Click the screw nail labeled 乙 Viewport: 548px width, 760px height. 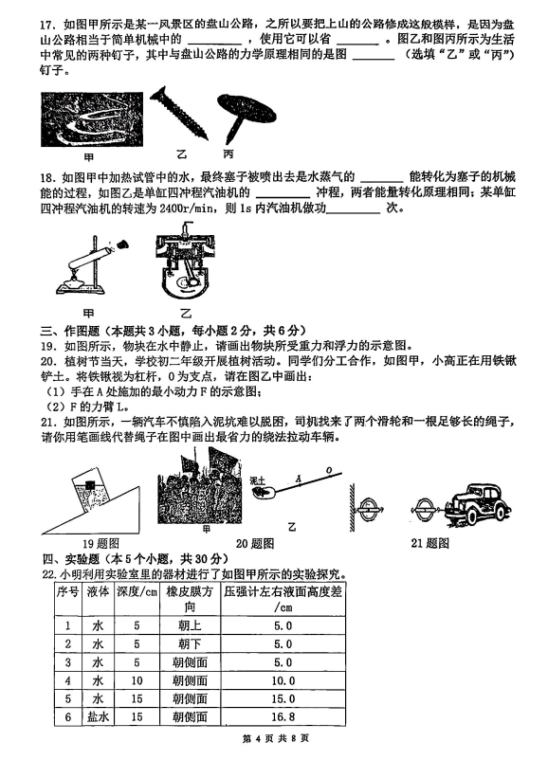click(179, 113)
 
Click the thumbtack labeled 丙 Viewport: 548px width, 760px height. click(245, 117)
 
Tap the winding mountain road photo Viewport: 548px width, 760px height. click(92, 119)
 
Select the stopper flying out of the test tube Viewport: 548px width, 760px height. click(122, 244)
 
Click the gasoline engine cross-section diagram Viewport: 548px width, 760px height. click(185, 262)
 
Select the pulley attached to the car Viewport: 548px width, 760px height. click(426, 510)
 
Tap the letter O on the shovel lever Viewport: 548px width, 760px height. click(329, 470)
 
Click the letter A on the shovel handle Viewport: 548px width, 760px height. click(299, 480)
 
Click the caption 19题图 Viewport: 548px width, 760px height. click(100, 544)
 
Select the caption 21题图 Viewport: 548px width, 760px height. click(429, 543)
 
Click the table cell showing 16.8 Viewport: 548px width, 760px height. click(283, 716)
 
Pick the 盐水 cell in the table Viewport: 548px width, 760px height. click(98, 716)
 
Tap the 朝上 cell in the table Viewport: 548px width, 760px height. click(190, 625)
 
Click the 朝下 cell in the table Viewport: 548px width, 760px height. click(190, 644)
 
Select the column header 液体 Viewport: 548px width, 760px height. click(98, 592)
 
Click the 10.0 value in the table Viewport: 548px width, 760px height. click(283, 680)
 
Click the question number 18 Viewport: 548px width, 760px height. click(47, 177)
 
